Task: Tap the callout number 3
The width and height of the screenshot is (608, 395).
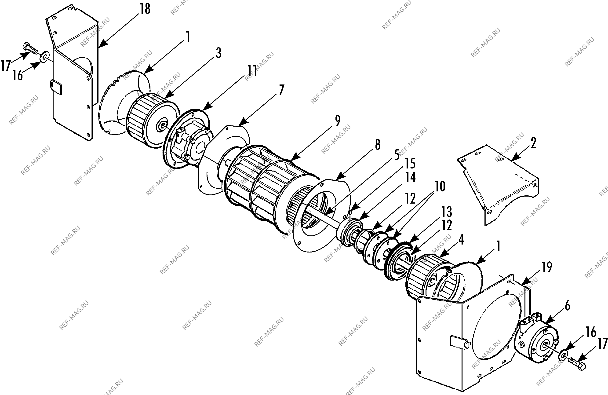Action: tap(218, 53)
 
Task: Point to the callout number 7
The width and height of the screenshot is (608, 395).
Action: tap(281, 90)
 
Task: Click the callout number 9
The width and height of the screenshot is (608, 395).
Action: tap(338, 121)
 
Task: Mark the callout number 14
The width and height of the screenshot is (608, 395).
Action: tap(410, 177)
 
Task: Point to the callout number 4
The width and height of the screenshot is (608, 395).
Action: tap(461, 240)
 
